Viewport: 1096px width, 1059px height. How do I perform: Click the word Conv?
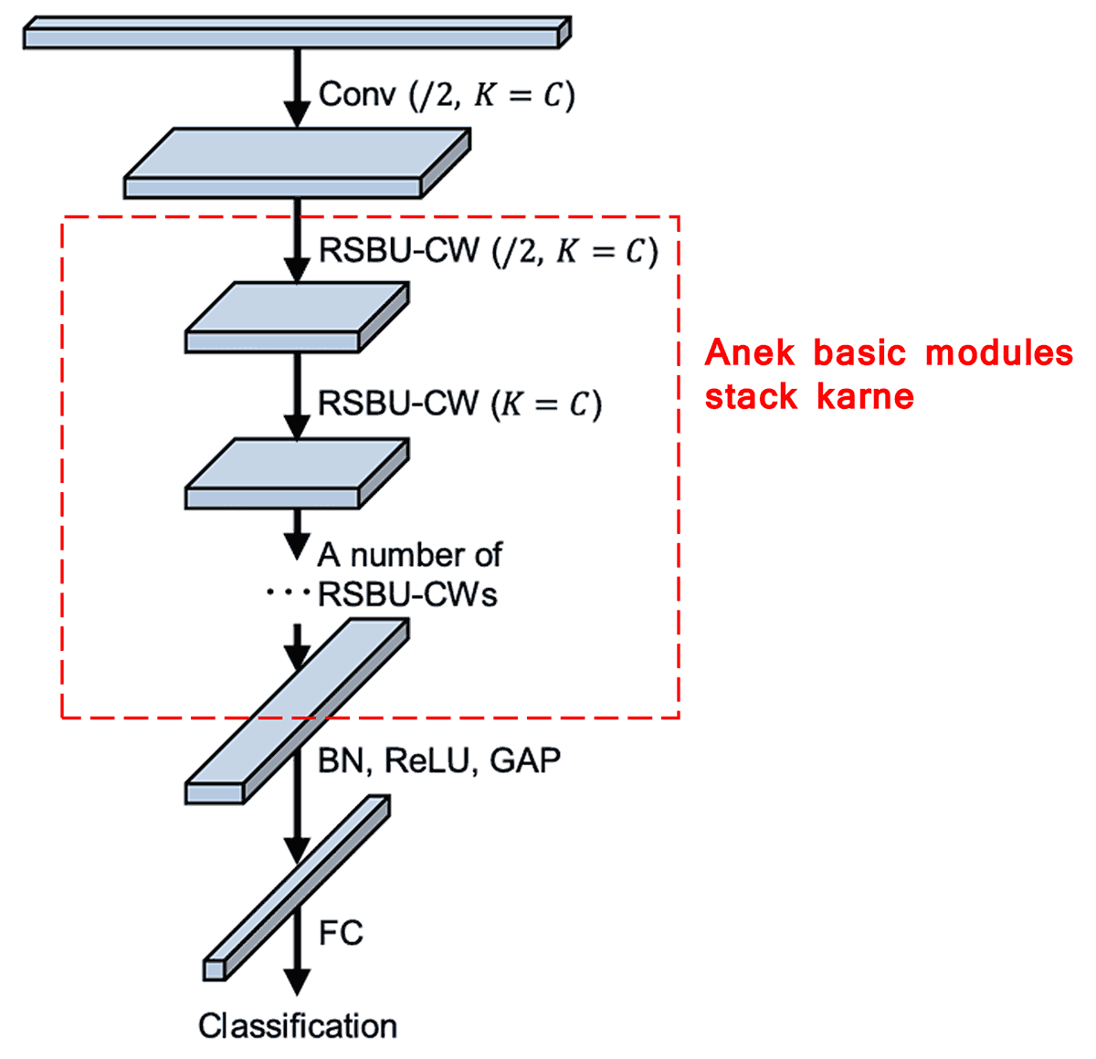coord(357,94)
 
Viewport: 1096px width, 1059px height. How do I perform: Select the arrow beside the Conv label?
coord(296,87)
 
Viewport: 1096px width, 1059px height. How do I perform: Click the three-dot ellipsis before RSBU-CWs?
coord(287,593)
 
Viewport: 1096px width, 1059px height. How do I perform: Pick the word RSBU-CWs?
coord(407,595)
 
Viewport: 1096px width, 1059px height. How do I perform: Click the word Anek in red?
coord(748,352)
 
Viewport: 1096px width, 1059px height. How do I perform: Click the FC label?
coord(341,933)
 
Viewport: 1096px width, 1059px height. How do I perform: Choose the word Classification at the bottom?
coord(298,1026)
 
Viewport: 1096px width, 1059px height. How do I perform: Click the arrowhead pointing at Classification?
coord(296,982)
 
